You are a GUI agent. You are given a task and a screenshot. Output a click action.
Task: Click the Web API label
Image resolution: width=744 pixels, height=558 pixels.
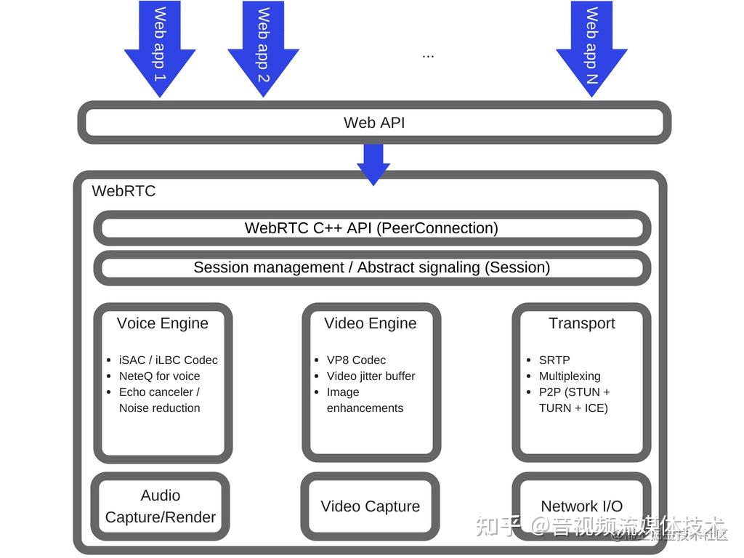click(x=374, y=123)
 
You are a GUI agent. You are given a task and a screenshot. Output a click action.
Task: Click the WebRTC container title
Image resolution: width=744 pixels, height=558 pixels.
click(x=124, y=191)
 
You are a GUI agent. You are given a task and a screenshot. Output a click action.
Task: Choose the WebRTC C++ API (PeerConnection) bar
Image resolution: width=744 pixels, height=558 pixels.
click(x=371, y=228)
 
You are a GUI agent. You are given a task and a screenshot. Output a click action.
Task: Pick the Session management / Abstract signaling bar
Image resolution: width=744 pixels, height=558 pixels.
click(x=371, y=267)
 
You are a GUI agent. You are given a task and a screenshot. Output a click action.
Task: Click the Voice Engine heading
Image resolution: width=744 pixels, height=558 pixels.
click(x=163, y=323)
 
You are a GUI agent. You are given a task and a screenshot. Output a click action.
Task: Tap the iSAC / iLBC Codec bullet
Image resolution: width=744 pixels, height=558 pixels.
click(x=168, y=360)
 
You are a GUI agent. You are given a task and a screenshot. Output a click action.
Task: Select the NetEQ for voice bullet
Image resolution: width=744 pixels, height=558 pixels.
click(x=159, y=376)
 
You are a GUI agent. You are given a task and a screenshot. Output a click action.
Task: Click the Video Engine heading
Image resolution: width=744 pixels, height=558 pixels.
click(x=371, y=323)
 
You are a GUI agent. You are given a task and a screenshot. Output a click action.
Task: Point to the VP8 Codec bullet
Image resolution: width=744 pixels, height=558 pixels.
click(x=356, y=360)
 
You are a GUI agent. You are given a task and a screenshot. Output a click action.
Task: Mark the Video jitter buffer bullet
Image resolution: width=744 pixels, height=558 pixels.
click(x=371, y=376)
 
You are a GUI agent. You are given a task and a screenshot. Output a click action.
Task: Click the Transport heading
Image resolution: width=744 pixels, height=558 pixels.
click(x=581, y=323)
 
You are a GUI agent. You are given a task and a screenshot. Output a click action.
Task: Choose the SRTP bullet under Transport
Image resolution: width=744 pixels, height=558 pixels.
click(x=554, y=360)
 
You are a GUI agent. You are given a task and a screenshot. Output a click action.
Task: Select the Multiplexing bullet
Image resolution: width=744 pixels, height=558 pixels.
click(x=570, y=376)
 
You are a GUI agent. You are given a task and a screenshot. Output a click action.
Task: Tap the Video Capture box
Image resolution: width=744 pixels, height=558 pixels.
click(x=371, y=506)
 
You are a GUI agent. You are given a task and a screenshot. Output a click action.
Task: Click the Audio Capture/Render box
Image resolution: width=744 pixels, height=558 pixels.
click(x=161, y=506)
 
